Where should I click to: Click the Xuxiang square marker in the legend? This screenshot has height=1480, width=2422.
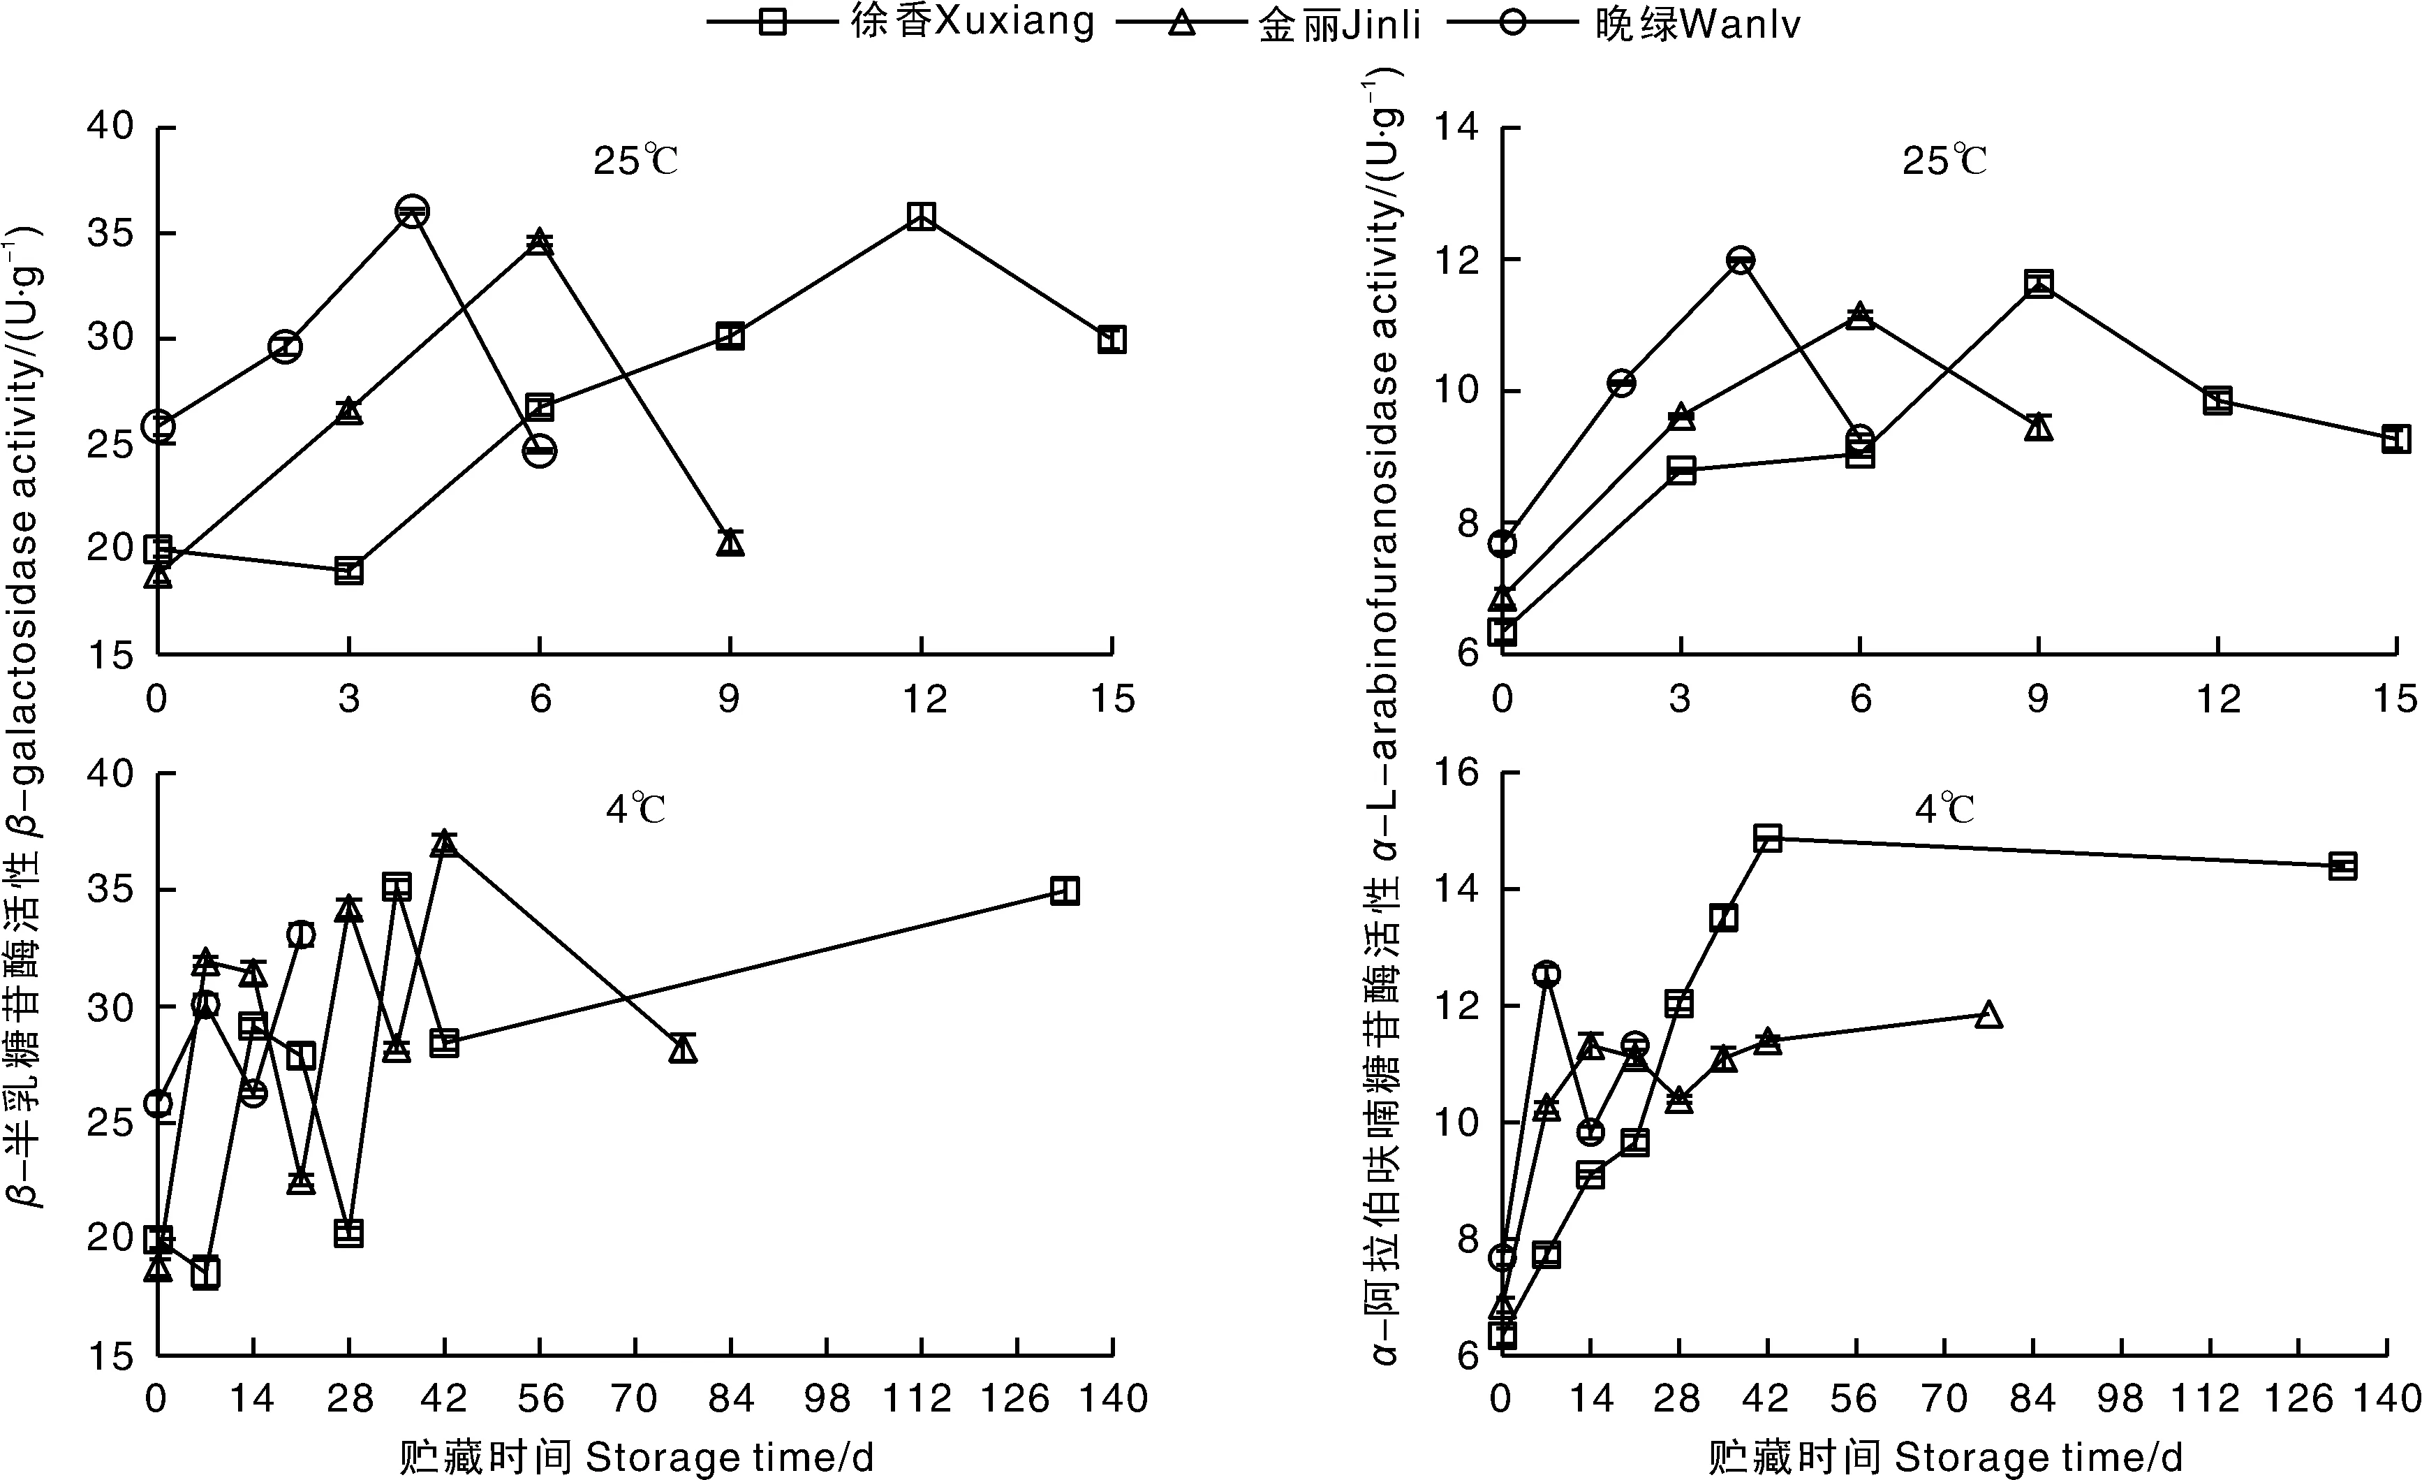pos(774,22)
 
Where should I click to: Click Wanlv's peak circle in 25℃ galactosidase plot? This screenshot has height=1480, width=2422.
pos(412,212)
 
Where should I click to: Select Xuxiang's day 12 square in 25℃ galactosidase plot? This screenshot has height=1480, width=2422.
pos(921,217)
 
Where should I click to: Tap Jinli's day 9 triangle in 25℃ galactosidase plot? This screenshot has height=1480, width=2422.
pos(730,542)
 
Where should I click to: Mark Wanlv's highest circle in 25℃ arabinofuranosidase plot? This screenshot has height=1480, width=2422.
pos(1741,261)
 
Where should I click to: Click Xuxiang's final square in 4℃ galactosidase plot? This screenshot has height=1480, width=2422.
pos(1065,891)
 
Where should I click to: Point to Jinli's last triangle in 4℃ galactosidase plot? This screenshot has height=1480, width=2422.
pos(683,1049)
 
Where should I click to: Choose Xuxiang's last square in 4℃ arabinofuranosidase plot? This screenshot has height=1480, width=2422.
pos(2343,866)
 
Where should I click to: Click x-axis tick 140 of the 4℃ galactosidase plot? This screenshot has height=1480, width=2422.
pos(1114,1398)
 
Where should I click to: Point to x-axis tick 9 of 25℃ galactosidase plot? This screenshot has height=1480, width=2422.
pos(730,699)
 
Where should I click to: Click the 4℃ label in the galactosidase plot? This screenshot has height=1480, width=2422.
pos(636,809)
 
